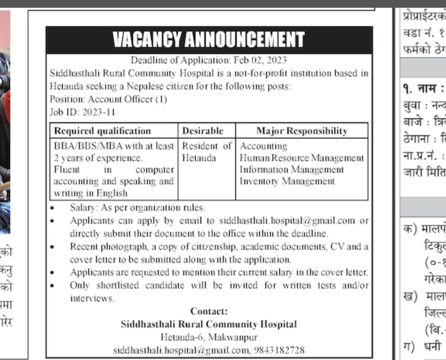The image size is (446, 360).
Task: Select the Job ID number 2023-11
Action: click(99, 112)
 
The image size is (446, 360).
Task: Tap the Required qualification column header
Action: click(102, 131)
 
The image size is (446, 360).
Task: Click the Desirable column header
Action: click(203, 131)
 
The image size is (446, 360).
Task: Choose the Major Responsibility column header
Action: click(302, 131)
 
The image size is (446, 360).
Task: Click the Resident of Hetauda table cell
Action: click(207, 152)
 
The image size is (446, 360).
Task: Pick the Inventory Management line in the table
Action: click(287, 181)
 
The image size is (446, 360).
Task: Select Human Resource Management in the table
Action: click(301, 158)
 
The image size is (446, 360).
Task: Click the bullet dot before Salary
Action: click(52, 208)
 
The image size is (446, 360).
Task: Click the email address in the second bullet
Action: click(287, 221)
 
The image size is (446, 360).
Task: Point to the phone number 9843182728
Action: click(279, 350)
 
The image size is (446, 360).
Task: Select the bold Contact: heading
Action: click(209, 311)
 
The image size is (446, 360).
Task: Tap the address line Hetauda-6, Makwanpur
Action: click(209, 337)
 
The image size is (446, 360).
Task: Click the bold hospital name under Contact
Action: click(209, 324)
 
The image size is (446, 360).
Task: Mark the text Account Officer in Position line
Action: click(120, 99)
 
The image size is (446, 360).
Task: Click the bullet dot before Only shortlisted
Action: click(52, 286)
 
